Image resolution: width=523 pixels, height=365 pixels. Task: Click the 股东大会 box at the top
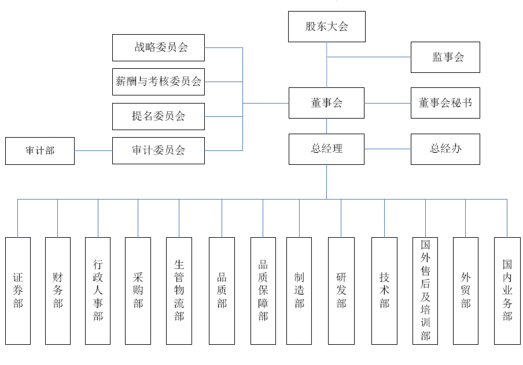coord(327,27)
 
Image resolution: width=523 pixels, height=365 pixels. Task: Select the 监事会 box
coord(445,57)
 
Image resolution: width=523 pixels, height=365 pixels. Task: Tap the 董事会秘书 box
coord(445,103)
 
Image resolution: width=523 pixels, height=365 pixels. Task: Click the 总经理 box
coord(326,149)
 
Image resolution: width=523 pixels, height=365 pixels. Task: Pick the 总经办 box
coord(445,149)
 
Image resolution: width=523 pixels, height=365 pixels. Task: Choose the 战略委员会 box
coord(158,47)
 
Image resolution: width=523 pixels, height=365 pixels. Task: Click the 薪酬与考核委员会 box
coord(158,82)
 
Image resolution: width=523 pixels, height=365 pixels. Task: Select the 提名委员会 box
coord(158,116)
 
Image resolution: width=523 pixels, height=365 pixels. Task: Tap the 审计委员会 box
coord(158,150)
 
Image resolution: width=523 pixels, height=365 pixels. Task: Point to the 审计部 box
coord(40,151)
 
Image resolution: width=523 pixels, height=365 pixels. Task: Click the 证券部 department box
coord(17,290)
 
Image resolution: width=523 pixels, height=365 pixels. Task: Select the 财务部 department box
coord(58,290)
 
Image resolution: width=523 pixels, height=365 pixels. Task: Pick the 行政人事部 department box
coord(98,290)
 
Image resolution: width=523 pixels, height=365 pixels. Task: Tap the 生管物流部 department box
coord(179,290)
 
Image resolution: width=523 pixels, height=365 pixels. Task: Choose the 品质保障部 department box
coord(263,290)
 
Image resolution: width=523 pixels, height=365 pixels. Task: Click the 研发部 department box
coord(341,290)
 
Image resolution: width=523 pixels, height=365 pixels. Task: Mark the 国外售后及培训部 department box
coord(425,290)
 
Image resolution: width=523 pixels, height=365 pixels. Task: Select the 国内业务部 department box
coord(507,290)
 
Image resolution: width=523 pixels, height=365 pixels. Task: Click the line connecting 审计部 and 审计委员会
coord(93,151)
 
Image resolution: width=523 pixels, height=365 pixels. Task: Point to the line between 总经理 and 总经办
coord(388,149)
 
